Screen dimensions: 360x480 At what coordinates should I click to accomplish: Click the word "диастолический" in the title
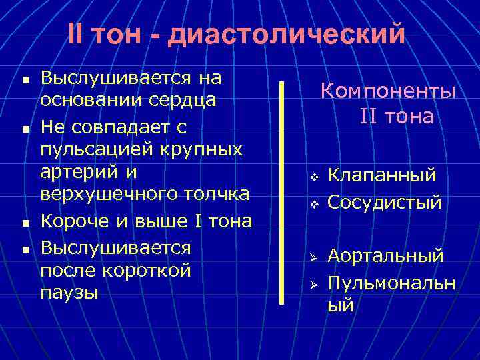click(287, 35)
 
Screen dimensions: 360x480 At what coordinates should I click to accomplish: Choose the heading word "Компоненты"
click(389, 91)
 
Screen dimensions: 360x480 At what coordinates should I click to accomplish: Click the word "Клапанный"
click(383, 176)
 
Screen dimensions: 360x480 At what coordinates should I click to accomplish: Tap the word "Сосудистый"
click(385, 201)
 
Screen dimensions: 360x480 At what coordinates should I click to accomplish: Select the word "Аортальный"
click(385, 256)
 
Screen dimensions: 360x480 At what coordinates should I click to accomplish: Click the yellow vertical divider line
click(282, 193)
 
